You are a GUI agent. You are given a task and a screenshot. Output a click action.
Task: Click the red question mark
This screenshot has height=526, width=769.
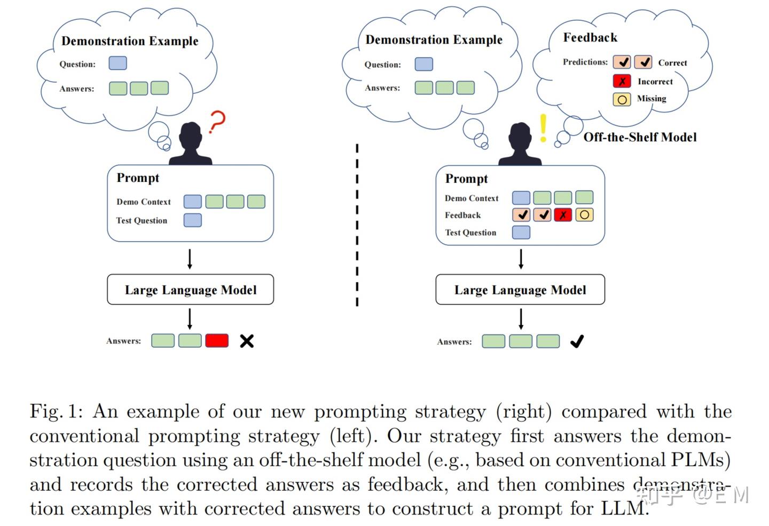point(217,122)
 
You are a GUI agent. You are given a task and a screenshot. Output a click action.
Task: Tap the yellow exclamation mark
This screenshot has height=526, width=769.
point(543,127)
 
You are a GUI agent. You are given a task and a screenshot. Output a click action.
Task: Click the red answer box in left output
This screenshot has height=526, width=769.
point(217,340)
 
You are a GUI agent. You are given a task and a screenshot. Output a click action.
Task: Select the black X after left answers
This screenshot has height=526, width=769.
point(247,341)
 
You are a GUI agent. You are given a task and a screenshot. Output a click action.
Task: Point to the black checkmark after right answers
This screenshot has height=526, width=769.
point(577,341)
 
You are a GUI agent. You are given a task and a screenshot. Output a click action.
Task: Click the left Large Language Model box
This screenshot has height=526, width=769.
point(190,290)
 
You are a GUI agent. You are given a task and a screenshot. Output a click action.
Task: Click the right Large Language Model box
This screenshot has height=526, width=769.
point(520,290)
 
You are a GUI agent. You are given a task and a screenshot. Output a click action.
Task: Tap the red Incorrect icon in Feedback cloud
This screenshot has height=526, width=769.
point(622,81)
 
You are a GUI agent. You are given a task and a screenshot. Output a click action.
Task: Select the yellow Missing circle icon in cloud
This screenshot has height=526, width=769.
point(622,99)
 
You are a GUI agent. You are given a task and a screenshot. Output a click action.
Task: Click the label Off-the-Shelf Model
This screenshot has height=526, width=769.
point(640,137)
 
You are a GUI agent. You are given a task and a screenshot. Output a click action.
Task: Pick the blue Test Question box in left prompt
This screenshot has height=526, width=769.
point(192,220)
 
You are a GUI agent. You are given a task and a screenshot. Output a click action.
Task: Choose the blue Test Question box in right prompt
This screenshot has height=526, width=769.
point(521,232)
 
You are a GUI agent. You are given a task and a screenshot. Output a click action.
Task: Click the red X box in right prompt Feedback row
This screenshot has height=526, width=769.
point(563,215)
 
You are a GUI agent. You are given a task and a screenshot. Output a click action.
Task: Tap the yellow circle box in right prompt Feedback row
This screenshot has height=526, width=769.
point(584,215)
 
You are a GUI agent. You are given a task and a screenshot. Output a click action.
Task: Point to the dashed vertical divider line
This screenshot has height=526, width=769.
point(357,224)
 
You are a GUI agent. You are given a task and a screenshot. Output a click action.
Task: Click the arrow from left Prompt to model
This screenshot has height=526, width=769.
point(190,258)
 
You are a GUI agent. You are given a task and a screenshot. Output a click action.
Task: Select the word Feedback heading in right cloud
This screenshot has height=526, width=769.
point(590,38)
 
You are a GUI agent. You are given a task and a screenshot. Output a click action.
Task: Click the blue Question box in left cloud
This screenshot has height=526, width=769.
point(117,63)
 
